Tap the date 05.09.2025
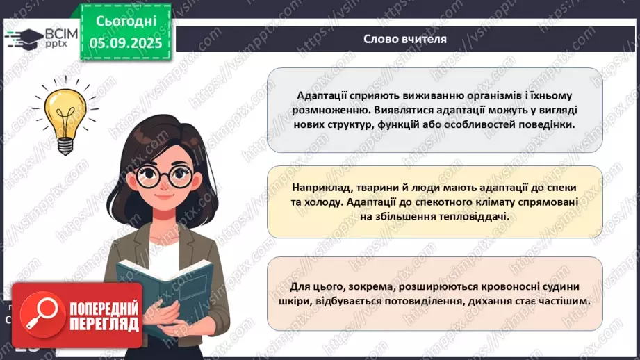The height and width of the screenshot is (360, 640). click(x=126, y=43)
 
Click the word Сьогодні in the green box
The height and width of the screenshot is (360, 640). click(x=126, y=21)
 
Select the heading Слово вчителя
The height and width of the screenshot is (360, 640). click(x=405, y=39)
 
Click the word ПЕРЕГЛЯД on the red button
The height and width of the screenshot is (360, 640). click(x=104, y=325)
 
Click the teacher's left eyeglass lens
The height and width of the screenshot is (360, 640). click(x=149, y=176)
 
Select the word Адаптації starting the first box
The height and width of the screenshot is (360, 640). click(x=322, y=95)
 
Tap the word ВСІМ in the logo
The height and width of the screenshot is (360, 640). click(x=61, y=34)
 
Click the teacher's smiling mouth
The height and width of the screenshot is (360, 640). click(x=165, y=196)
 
